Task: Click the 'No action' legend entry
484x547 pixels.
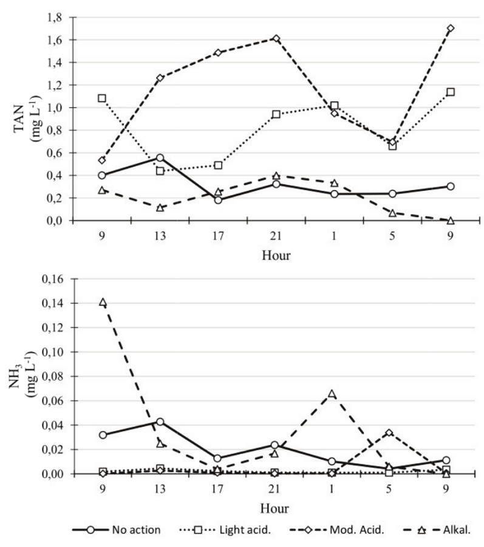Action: pyautogui.click(x=135, y=529)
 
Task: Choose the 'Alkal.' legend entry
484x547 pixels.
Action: pyautogui.click(x=458, y=529)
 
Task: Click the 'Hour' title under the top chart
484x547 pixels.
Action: pyautogui.click(x=276, y=255)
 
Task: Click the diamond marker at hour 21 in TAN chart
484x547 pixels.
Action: pyautogui.click(x=276, y=38)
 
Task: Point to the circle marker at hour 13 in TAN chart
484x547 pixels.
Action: pyautogui.click(x=160, y=158)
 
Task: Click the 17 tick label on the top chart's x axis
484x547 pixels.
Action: pyautogui.click(x=218, y=236)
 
